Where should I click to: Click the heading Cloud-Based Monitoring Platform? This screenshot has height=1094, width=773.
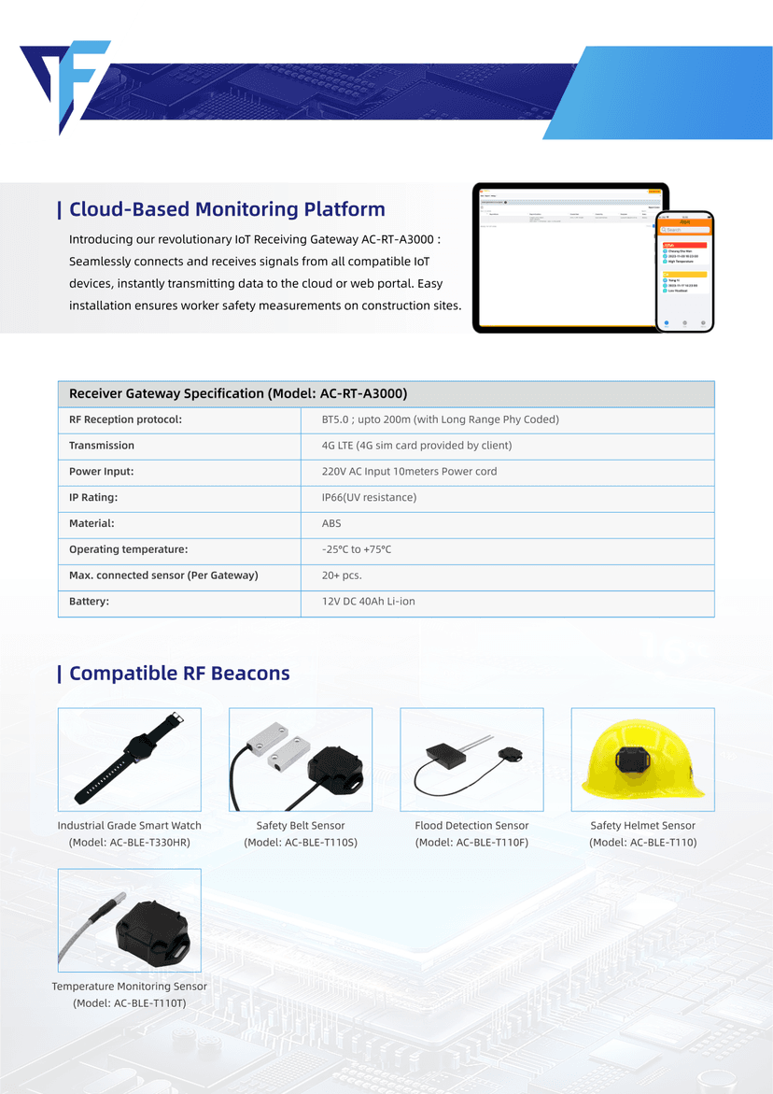point(227,209)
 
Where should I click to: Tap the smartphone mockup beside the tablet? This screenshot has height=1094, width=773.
point(684,271)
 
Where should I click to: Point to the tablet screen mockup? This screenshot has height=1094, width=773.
point(564,257)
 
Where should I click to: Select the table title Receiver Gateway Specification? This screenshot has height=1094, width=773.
point(238,393)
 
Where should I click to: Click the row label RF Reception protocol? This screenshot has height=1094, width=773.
point(125,419)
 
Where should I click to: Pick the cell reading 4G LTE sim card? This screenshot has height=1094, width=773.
point(416,446)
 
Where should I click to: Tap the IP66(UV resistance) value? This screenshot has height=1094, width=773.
point(369,498)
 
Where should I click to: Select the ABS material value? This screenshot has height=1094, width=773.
point(331,524)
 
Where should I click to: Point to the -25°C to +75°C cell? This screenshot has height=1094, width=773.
point(357,549)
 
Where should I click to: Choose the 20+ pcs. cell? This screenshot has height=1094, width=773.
point(342,575)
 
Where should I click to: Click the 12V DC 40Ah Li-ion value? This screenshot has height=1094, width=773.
point(369,602)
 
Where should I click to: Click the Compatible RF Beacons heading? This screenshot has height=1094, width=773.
point(179,674)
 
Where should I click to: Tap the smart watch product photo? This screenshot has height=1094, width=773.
point(130,760)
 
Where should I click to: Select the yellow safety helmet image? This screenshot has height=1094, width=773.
point(642,760)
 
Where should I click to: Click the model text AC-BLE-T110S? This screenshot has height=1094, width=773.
point(301,843)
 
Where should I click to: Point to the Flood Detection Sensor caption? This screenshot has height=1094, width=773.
point(471,826)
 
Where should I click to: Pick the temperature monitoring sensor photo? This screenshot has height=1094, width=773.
point(130,920)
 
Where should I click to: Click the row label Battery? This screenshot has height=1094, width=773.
point(89,602)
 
